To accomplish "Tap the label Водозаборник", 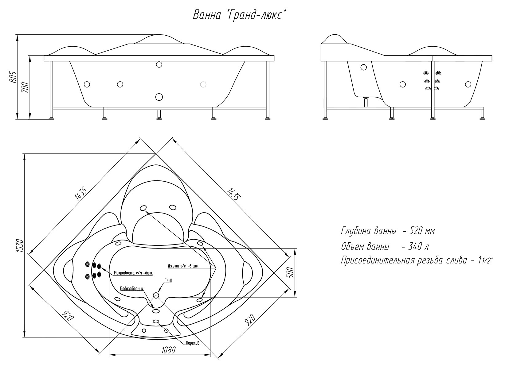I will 131,288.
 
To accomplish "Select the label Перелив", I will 192,343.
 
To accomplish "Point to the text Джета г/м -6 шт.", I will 183,266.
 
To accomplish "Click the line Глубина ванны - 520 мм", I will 388,231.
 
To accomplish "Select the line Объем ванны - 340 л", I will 385,246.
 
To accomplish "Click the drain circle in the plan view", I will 156,295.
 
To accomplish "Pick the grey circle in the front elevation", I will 203,84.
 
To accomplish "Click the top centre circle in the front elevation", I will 159,64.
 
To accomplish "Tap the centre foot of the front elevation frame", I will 159,114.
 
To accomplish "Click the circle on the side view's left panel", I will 363,67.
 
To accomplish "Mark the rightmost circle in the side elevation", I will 468,84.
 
